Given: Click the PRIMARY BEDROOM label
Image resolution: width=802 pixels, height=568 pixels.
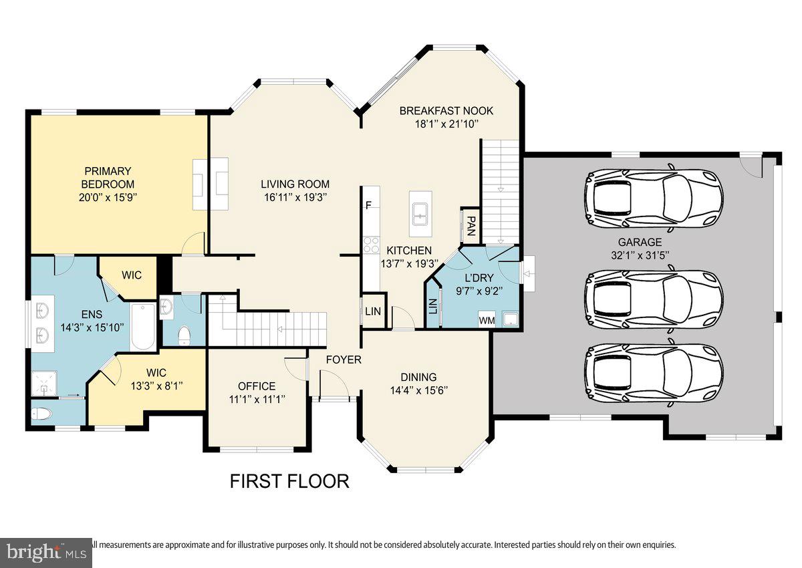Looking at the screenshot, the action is point(108,178).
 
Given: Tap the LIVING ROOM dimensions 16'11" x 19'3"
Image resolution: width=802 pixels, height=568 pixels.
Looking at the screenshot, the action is point(295,198).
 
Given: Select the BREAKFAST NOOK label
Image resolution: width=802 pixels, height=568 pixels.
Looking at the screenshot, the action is point(446,111).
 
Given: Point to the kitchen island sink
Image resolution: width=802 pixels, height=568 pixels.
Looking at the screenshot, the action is point(420,214).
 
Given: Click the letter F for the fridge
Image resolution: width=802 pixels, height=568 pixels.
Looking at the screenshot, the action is point(368,205).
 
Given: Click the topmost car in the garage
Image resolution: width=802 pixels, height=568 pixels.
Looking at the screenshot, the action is point(653,198).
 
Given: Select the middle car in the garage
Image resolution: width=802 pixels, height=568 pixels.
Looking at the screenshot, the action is point(653,299).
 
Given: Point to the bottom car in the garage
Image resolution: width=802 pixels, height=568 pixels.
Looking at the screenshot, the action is point(653,373).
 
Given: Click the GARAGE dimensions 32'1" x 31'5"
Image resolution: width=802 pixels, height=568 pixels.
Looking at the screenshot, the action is point(640,255).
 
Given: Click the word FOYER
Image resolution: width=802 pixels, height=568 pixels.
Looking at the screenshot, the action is point(344,360).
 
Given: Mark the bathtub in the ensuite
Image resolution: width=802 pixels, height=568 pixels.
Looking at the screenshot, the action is point(142,326).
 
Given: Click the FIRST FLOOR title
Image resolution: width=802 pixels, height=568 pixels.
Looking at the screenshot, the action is point(289,481).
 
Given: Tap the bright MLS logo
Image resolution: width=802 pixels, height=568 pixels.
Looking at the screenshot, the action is point(46,553).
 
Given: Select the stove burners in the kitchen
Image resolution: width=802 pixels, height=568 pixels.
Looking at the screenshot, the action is point(372,245).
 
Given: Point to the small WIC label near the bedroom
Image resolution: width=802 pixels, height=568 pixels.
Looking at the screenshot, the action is point(132,275).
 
